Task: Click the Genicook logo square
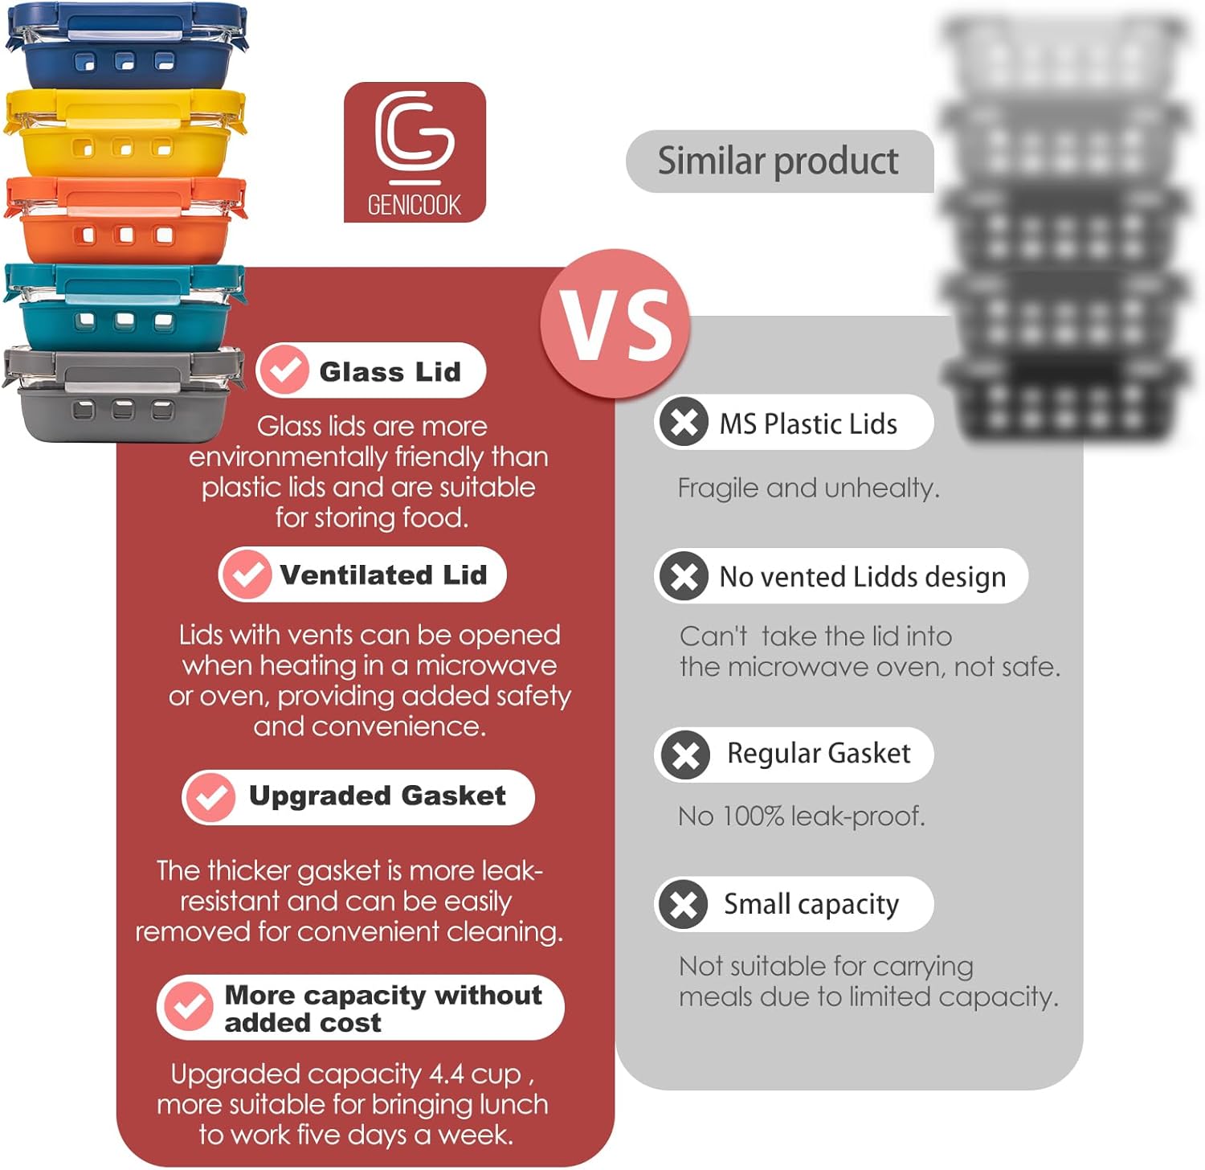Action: click(x=415, y=152)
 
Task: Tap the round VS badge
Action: click(x=615, y=324)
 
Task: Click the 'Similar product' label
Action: click(x=778, y=162)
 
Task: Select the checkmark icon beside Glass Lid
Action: click(x=284, y=370)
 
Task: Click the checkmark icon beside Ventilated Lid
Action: click(x=246, y=574)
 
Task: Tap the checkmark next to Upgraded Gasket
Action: click(x=210, y=796)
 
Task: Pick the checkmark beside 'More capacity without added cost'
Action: click(x=188, y=1006)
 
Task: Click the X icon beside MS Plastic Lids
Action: click(x=684, y=422)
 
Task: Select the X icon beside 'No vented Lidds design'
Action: click(x=684, y=575)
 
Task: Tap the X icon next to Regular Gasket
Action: click(x=685, y=755)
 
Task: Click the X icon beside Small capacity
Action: click(x=684, y=904)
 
